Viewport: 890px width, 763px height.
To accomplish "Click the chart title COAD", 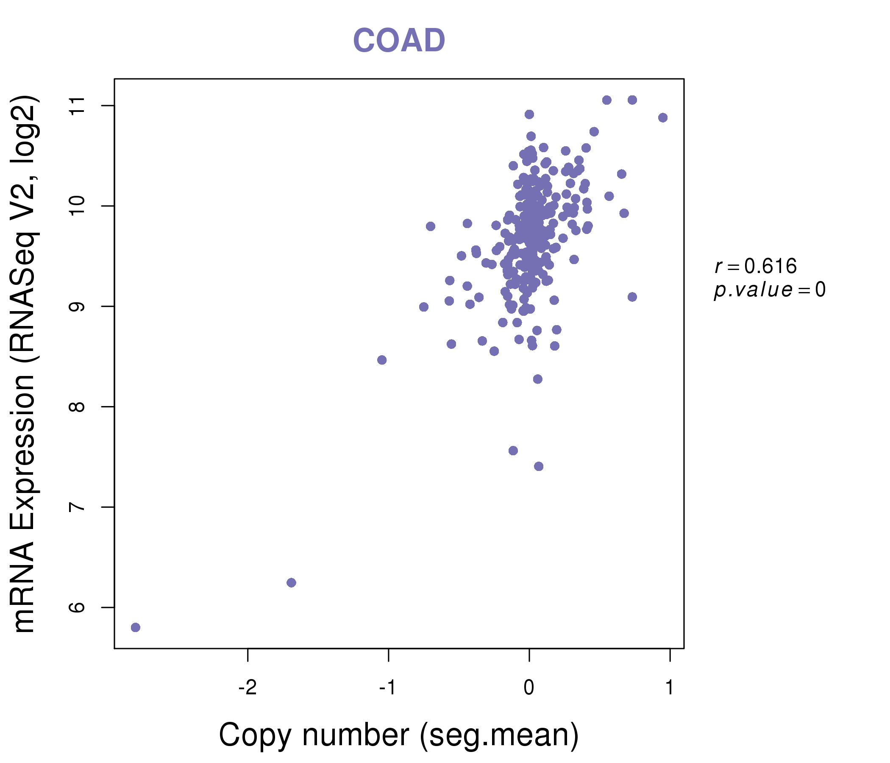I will point(399,41).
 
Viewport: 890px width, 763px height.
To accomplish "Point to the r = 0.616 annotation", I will point(756,266).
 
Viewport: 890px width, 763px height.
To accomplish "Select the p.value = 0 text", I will point(769,290).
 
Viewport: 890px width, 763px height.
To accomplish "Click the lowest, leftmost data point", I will point(135,627).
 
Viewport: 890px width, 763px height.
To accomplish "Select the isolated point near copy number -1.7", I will point(291,582).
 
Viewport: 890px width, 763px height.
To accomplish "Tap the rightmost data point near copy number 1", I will point(663,118).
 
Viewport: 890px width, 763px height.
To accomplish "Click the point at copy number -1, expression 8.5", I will point(382,360).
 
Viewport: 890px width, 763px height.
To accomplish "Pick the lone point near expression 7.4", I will point(539,467).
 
